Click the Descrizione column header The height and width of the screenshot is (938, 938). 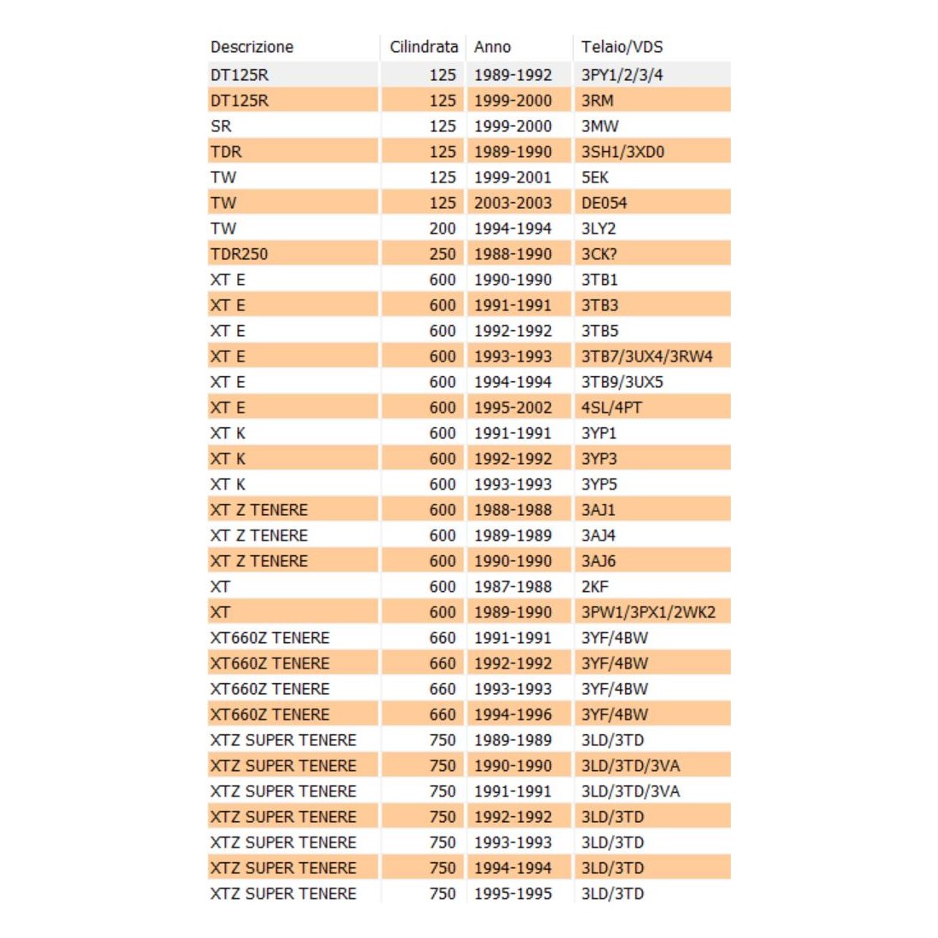tap(252, 47)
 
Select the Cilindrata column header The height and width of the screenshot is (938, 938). tap(424, 47)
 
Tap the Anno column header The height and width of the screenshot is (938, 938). tap(493, 47)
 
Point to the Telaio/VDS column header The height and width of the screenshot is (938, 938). tap(622, 47)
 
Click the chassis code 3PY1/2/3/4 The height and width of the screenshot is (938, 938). tap(622, 75)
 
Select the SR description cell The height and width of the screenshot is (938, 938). tap(221, 126)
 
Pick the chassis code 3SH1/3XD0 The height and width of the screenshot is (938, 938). tap(622, 152)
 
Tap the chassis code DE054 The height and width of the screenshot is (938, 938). tap(604, 203)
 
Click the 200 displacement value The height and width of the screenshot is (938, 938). tap(443, 229)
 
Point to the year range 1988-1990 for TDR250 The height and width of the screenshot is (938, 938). tap(512, 254)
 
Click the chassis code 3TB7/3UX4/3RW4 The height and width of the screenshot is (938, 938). tap(646, 356)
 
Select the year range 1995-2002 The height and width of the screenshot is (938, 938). tap(512, 408)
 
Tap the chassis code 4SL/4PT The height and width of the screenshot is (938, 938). tap(611, 408)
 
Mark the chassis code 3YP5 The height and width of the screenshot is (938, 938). tap(599, 484)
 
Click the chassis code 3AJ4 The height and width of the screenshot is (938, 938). tap(598, 536)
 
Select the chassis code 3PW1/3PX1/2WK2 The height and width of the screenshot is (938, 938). tap(648, 612)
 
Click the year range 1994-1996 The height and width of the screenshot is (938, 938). tap(512, 715)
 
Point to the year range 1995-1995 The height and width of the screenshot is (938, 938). tap(512, 894)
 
